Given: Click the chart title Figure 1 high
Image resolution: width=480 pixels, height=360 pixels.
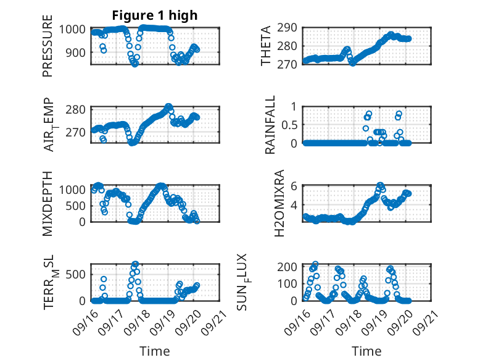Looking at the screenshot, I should coord(154,15).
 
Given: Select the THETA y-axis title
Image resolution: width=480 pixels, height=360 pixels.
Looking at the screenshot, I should coord(266,46).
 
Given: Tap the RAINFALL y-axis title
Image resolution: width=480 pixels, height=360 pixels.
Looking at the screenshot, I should coord(270,126).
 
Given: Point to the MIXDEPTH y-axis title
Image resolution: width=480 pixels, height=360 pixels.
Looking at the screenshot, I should coord(48,203).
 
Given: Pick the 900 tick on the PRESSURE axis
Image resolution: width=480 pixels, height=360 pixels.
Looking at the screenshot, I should coord(78,52).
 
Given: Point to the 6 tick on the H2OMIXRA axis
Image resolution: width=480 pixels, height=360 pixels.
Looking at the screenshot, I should coord(295,186).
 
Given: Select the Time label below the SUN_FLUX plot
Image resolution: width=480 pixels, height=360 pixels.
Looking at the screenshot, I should coord(366,351).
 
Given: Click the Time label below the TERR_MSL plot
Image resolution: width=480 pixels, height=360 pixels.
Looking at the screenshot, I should coord(154,351).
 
